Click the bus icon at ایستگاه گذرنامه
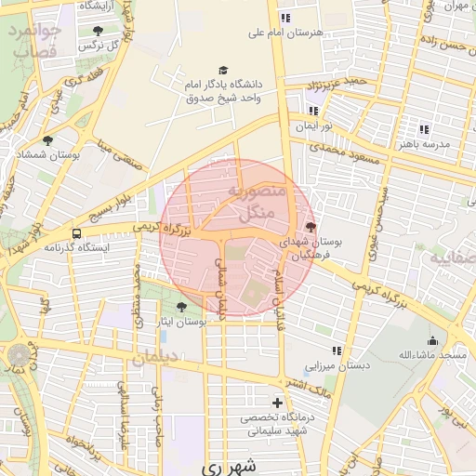(x=76, y=234)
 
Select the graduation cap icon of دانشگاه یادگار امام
(x=223, y=70)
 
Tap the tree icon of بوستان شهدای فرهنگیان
(x=310, y=228)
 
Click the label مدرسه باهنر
(x=425, y=144)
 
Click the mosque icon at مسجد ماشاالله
(x=433, y=340)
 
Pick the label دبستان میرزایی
(x=338, y=365)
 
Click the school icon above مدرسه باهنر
(x=425, y=129)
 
